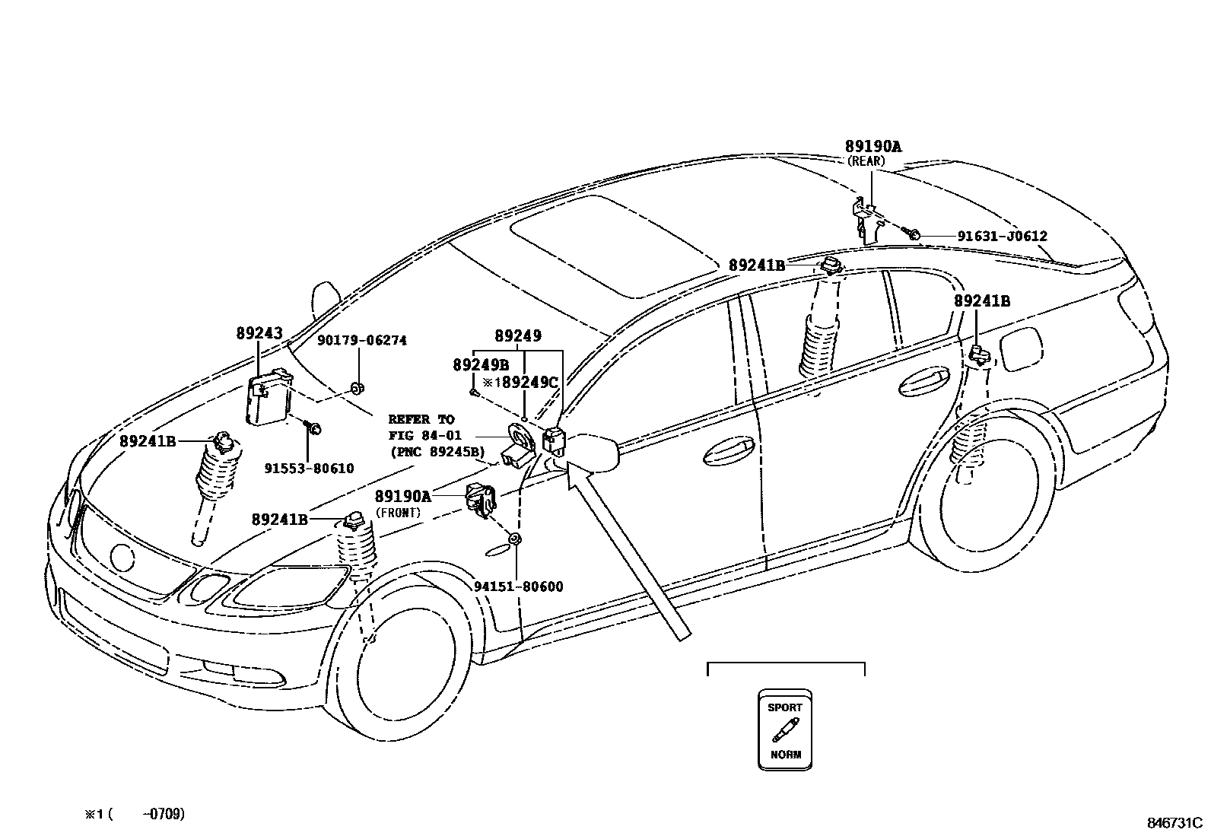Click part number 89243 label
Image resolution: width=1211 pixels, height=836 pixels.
pos(259,333)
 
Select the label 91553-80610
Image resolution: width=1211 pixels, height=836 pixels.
pos(309,469)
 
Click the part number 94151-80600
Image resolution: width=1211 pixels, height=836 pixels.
pos(518,586)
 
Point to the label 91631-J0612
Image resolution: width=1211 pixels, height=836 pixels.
pos(1002,237)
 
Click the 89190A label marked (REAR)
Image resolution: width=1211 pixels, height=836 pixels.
pos(872,147)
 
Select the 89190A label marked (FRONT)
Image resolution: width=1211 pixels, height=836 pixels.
pos(402,496)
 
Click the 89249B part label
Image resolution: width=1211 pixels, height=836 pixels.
pos(481,365)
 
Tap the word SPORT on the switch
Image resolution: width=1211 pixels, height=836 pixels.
pos(785,707)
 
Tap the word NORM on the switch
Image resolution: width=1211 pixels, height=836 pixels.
pos(785,755)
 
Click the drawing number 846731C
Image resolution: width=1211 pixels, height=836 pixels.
pos(1174,823)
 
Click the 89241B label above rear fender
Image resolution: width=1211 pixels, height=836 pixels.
pos(982,301)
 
